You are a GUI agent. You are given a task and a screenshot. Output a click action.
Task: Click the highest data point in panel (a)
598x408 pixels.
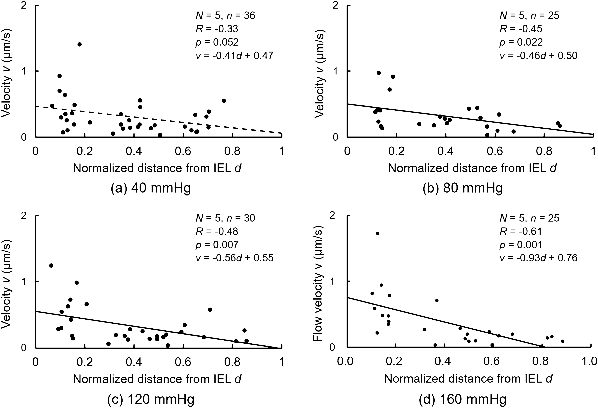[x=80, y=44]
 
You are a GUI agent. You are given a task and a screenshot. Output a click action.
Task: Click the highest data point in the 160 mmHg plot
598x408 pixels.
[x=377, y=233]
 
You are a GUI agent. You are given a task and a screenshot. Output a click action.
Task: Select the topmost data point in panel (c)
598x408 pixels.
[x=51, y=265]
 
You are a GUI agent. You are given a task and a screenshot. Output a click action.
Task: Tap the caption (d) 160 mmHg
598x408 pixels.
[x=462, y=399]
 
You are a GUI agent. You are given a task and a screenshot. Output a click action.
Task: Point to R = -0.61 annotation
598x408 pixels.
[x=521, y=231]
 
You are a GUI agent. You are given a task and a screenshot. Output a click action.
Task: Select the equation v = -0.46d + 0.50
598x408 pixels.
[x=539, y=56]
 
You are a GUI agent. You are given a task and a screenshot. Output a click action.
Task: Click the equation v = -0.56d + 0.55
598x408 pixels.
[x=234, y=258]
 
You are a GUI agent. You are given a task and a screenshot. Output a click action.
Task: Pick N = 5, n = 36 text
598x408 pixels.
[x=225, y=16]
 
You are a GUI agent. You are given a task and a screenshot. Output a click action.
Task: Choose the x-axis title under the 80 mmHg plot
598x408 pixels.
[x=472, y=168]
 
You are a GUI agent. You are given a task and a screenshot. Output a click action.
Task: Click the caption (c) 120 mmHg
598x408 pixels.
[x=151, y=399]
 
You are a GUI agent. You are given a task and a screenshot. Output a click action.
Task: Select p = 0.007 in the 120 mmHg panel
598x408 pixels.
[x=217, y=245]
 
